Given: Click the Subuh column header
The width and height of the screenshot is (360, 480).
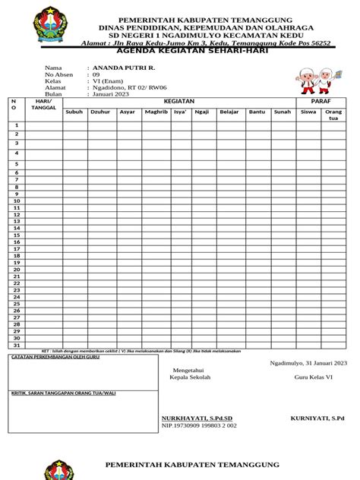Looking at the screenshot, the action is [x=74, y=112].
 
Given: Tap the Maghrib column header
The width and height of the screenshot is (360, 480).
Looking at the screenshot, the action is [x=156, y=112].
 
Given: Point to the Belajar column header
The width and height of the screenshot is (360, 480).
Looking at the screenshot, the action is [x=229, y=112].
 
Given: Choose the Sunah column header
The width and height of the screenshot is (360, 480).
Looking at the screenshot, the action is [x=283, y=112].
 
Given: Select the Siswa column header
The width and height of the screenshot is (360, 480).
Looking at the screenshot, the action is [x=308, y=112].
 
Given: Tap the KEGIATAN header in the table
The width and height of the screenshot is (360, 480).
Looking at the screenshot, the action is [x=179, y=101].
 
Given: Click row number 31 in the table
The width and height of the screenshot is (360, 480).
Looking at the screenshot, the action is [x=16, y=345].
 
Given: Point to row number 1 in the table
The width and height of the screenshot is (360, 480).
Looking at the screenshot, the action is [x=16, y=125].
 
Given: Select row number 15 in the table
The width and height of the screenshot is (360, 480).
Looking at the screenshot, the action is [x=16, y=235].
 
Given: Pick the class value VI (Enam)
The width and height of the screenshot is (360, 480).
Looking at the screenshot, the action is [x=109, y=81].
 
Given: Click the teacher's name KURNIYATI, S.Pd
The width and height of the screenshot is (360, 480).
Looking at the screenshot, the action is [x=317, y=418].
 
